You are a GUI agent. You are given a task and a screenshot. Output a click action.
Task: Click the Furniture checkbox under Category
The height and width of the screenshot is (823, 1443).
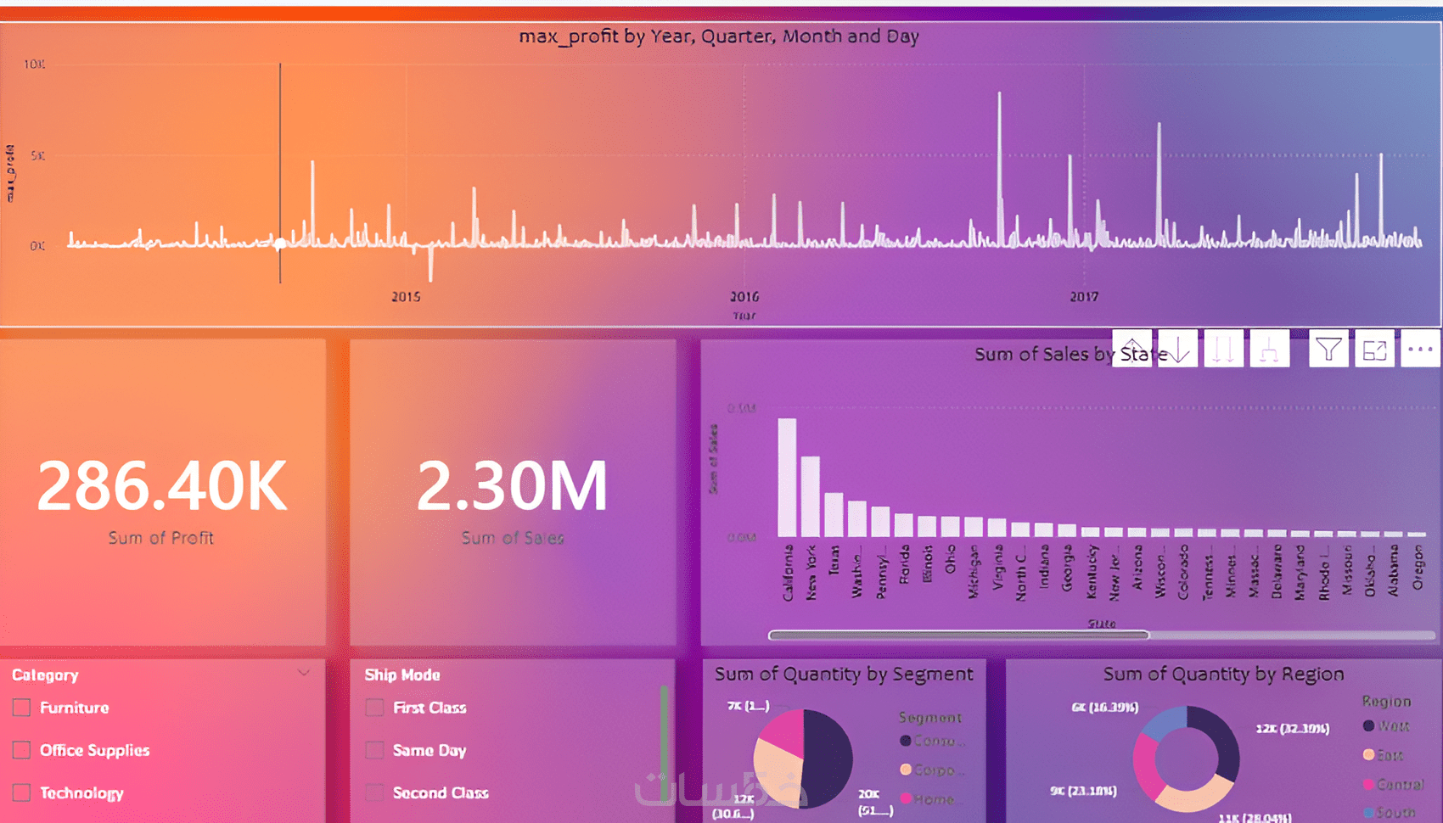point(22,708)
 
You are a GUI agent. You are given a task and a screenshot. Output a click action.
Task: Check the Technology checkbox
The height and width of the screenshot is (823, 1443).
point(22,792)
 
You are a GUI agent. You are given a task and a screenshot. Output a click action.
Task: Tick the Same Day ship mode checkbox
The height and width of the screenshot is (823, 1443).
point(374,750)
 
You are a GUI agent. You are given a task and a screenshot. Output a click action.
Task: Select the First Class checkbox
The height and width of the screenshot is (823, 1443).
point(374,708)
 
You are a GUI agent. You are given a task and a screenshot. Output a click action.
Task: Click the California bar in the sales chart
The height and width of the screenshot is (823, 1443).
point(787,477)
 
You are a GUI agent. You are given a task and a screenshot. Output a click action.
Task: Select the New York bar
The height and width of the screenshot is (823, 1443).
point(811,496)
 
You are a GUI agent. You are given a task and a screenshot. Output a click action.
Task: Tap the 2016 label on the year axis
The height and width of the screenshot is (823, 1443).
point(744,297)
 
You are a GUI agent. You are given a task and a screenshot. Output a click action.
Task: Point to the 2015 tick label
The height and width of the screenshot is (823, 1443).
point(406,297)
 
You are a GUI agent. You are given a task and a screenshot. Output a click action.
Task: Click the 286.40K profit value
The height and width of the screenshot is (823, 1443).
point(162,486)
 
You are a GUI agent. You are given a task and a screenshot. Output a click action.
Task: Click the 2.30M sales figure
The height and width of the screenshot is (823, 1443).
point(513,486)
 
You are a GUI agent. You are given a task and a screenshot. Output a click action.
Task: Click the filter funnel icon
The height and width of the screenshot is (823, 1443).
point(1328,350)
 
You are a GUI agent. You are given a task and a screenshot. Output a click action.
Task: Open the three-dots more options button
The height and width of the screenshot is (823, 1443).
point(1420,350)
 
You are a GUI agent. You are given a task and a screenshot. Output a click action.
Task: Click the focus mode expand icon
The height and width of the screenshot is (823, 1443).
point(1374,350)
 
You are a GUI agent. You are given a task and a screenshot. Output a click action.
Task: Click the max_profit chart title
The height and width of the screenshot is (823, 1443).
point(718,36)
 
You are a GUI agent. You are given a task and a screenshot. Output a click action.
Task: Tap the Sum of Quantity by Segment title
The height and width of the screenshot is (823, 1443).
point(843,675)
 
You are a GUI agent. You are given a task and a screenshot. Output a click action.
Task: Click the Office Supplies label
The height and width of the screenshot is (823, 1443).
point(94,750)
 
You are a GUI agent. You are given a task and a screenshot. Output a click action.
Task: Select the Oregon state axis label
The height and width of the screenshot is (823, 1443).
point(1417,568)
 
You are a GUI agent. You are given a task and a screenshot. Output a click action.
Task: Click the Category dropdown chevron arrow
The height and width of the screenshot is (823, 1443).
point(304,673)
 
